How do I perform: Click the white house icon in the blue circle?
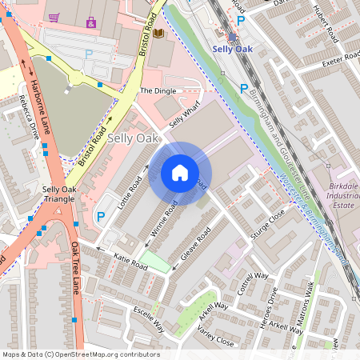click(180, 173)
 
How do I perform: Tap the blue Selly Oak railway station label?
click(232, 50)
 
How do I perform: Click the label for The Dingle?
click(157, 91)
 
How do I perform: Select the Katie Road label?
click(131, 261)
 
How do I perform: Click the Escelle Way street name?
click(148, 318)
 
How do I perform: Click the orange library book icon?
click(158, 33)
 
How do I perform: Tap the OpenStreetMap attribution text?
click(81, 354)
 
